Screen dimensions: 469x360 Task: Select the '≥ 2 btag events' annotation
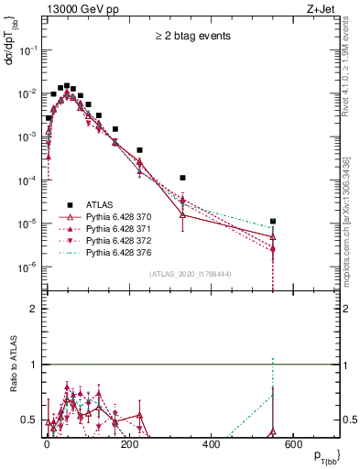pos(191,37)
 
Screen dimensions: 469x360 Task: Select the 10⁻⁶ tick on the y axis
pos(29,267)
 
